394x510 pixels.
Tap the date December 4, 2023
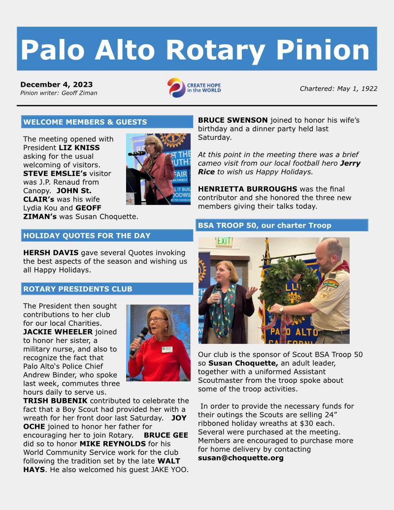coord(56,84)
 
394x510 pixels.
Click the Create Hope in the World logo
coord(194,88)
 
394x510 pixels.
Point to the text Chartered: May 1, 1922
coord(338,89)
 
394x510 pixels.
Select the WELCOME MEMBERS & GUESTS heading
coord(85,122)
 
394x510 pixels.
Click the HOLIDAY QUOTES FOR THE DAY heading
coord(87,236)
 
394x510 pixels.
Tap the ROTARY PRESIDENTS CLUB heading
coord(78,289)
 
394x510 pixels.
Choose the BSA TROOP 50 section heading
coord(264,225)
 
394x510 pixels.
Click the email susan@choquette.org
coord(241,458)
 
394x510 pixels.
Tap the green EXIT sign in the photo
coord(224,241)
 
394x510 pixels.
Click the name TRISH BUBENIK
coord(56,401)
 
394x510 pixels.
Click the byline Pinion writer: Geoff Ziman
coord(59,93)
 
